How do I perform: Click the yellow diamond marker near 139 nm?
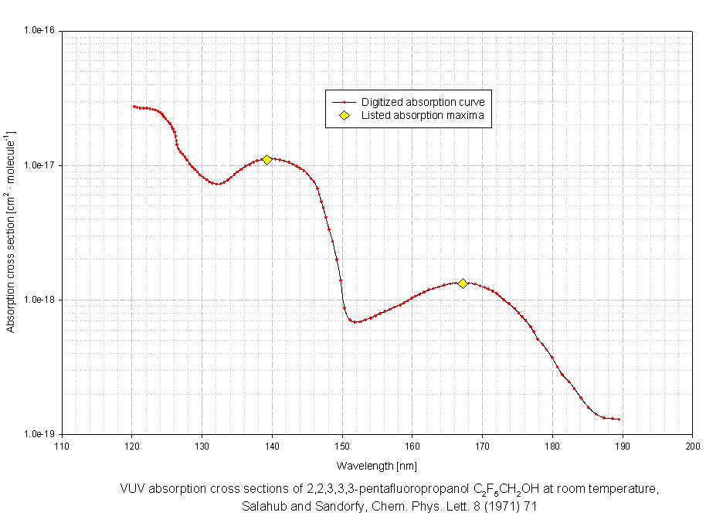[x=266, y=159]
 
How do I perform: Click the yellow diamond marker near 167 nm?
[x=463, y=283]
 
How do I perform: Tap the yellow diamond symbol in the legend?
[x=345, y=116]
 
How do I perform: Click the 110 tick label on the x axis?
[x=62, y=446]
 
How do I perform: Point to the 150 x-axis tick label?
[x=342, y=446]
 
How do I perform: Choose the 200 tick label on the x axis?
[x=693, y=446]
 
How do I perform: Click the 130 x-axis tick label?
[x=202, y=446]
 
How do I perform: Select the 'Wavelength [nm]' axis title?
[x=377, y=466]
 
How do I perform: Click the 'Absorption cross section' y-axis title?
[x=11, y=232]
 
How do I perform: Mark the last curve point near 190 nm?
[x=619, y=419]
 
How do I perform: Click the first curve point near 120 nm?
[x=133, y=107]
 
